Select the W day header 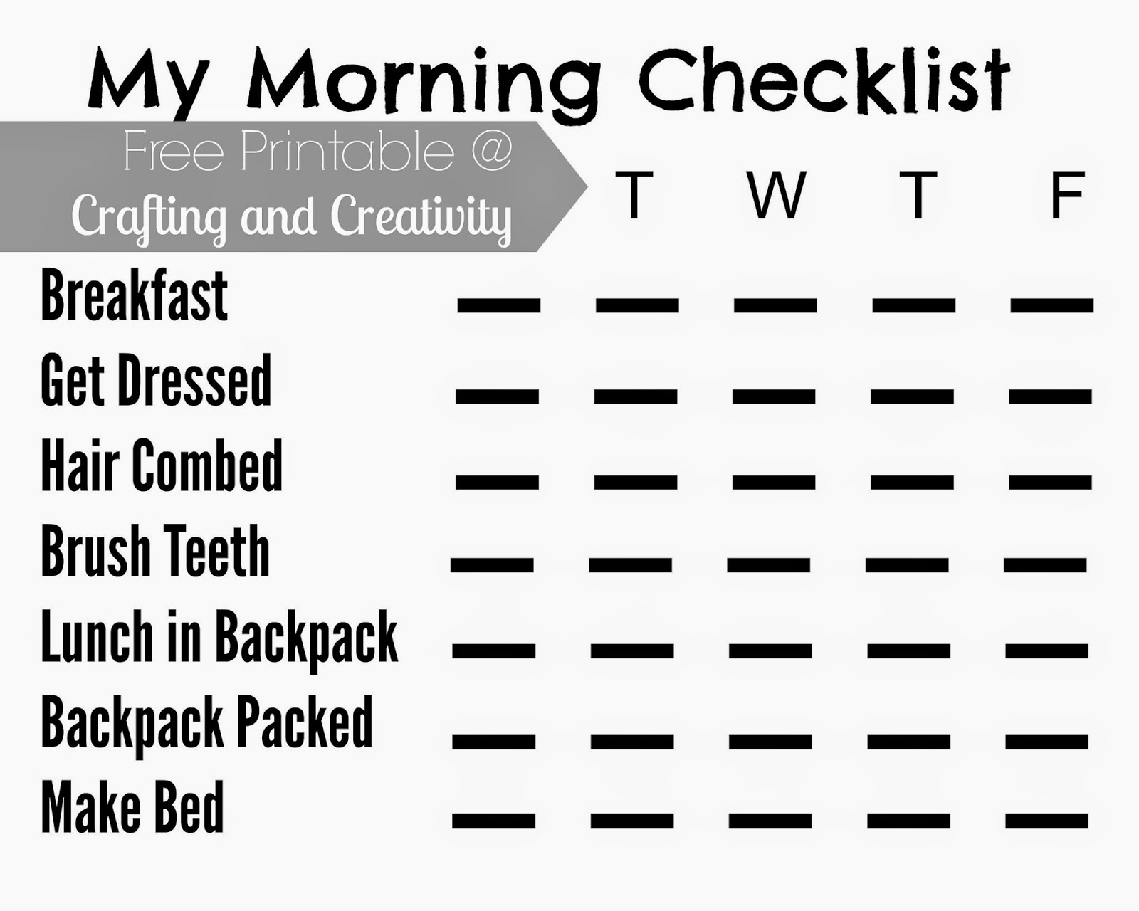click(x=776, y=194)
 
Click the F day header click(x=1066, y=194)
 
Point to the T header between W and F click(x=918, y=194)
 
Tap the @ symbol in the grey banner click(x=490, y=151)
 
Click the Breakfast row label click(x=134, y=296)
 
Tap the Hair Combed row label click(x=162, y=465)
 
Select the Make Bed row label click(x=132, y=807)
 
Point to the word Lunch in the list click(x=97, y=636)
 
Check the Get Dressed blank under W click(x=774, y=396)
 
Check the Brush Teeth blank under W click(x=769, y=565)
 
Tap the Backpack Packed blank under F click(x=1046, y=742)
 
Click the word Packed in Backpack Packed click(x=305, y=723)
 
